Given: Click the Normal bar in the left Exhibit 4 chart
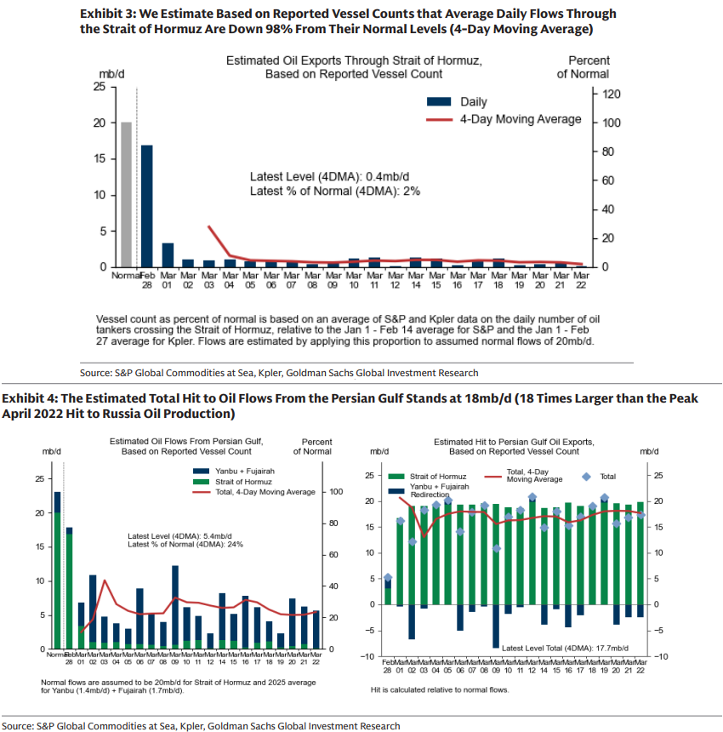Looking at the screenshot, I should click(x=57, y=570).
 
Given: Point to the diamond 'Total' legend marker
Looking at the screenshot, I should click(x=584, y=477).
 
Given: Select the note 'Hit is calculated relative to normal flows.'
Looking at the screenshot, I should click(x=439, y=689).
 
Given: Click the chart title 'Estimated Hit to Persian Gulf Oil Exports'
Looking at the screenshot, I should click(x=514, y=443).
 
